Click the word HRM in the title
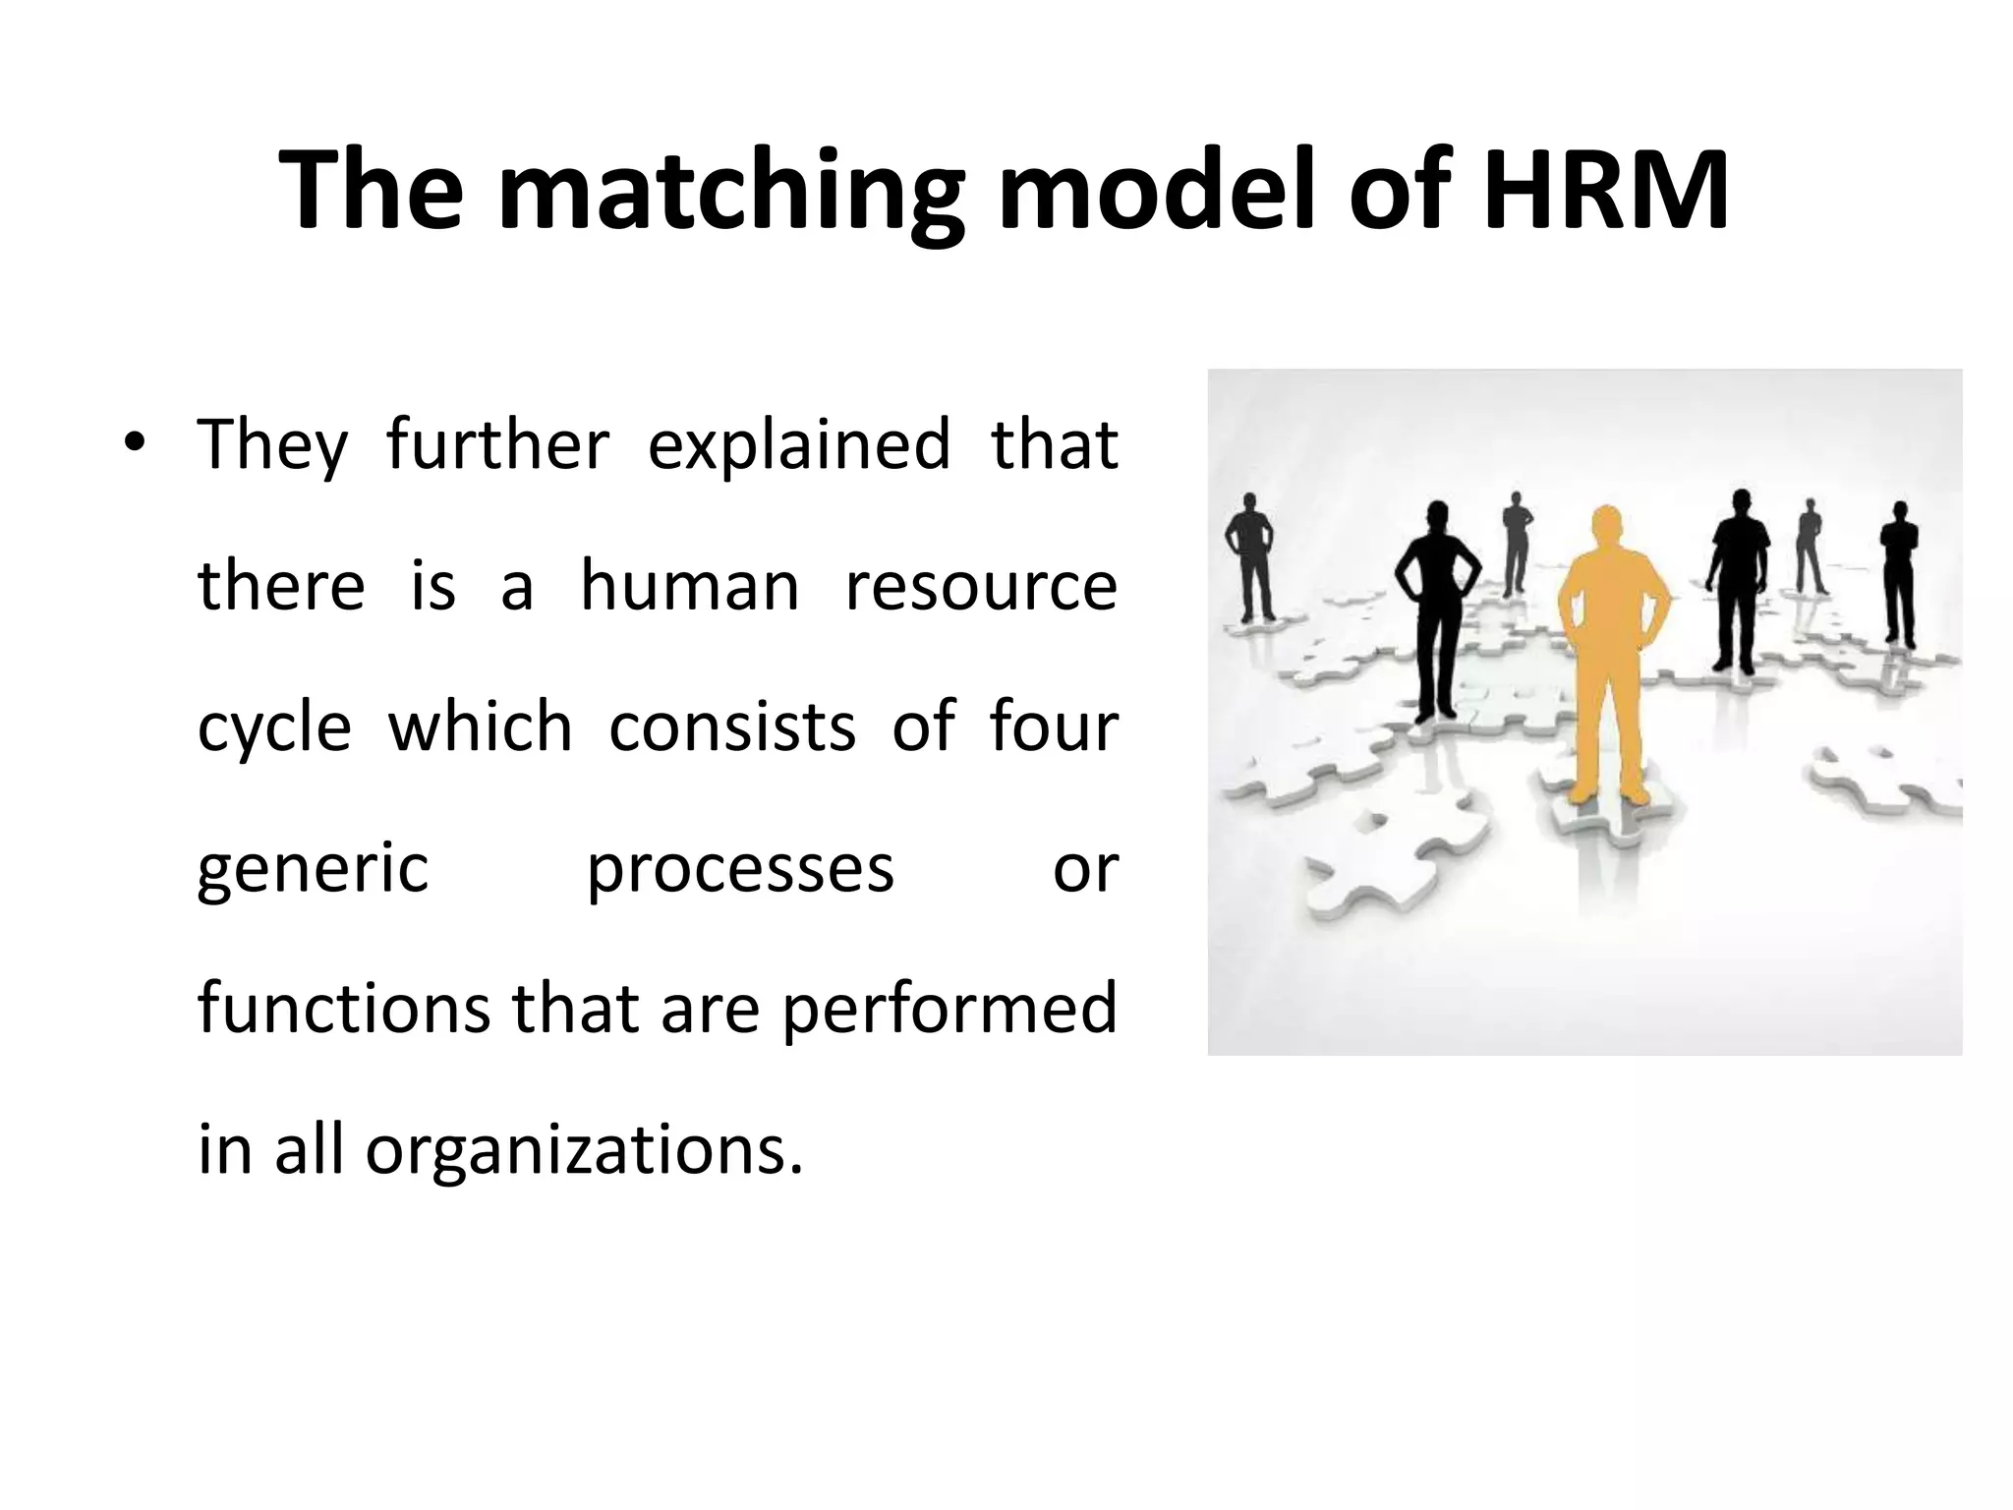tap(1605, 191)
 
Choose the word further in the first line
tap(497, 444)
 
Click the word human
tap(690, 586)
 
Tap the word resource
tap(981, 586)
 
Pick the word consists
tap(732, 727)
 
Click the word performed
tap(949, 1011)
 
